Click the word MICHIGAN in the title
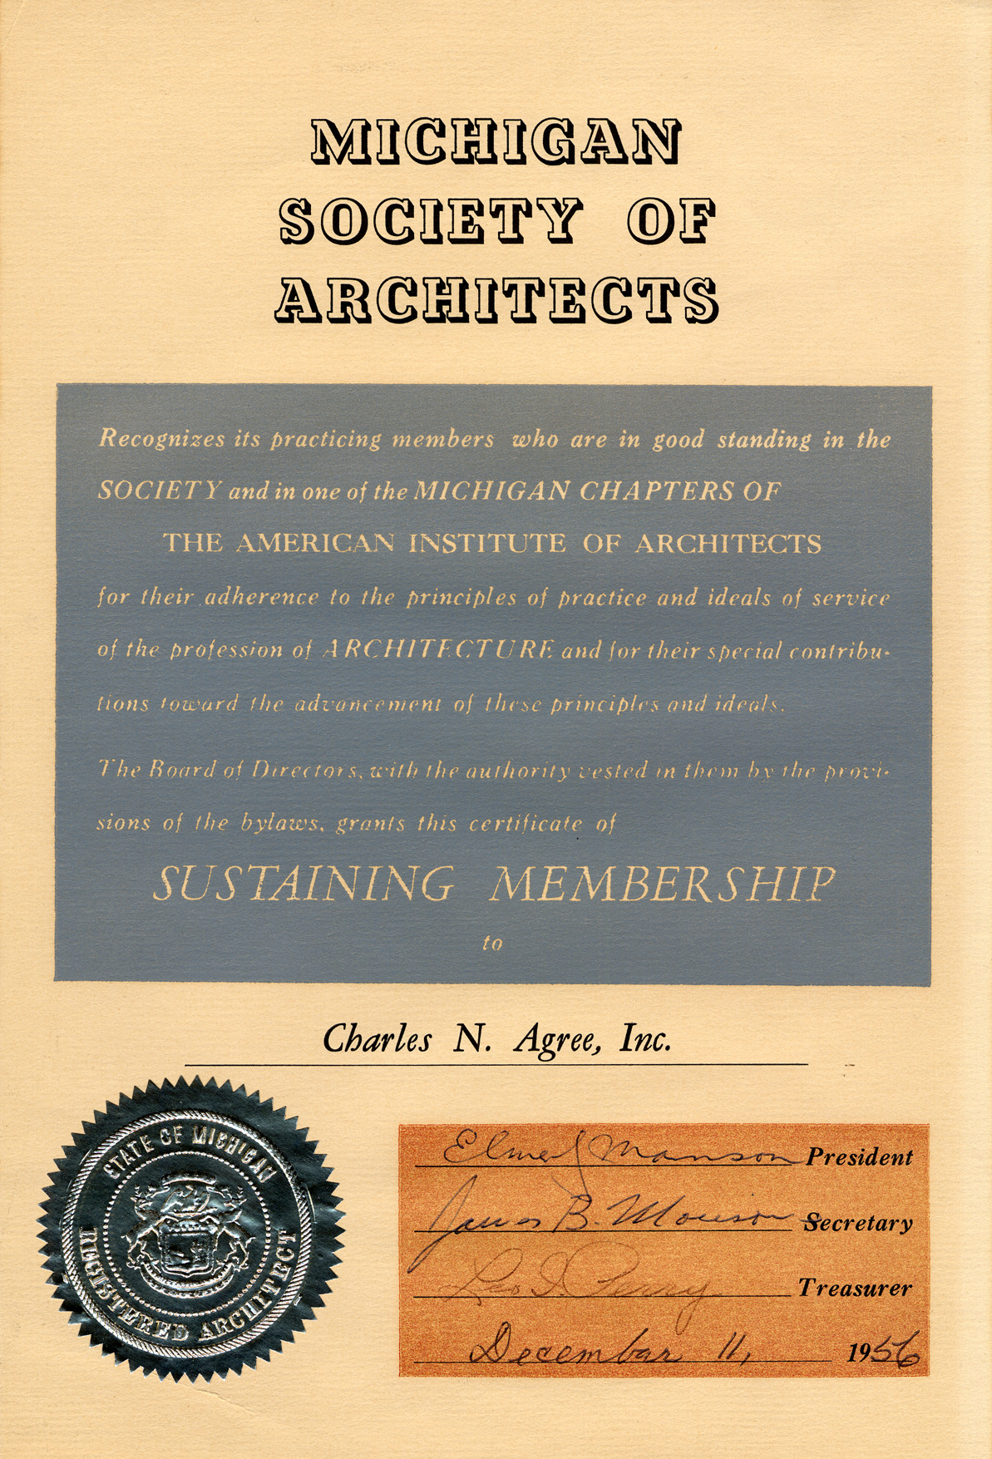496,141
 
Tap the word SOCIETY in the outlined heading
430,220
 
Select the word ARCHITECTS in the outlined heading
496,299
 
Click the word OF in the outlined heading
671,220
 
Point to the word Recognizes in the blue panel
161,438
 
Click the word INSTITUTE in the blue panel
487,544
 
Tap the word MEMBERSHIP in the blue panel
662,883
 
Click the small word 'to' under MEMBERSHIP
492,943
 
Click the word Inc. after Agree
645,1039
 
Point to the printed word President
859,1157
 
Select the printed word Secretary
859,1223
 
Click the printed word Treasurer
856,1288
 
